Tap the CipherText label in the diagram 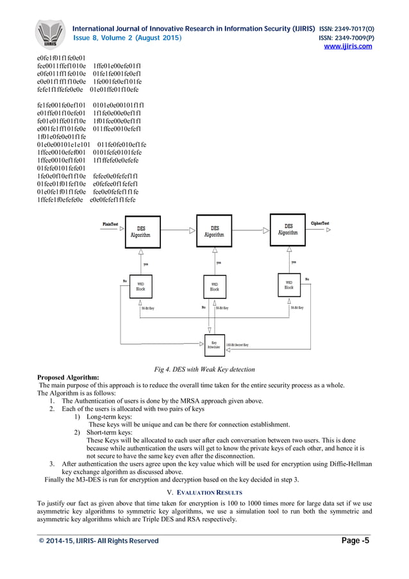click(320, 223)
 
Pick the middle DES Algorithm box click(215, 231)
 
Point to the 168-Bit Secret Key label click(237, 346)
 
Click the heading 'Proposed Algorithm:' click(69, 377)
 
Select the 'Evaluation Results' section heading click(204, 492)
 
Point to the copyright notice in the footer click(99, 541)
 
